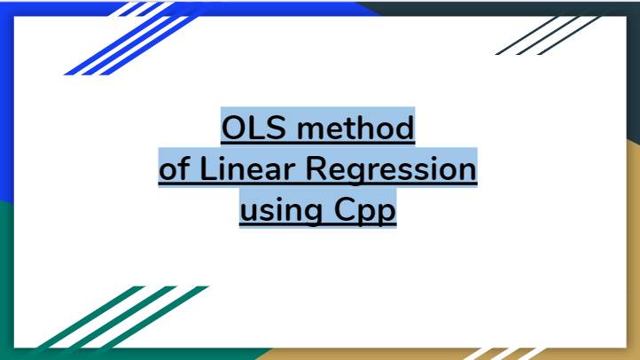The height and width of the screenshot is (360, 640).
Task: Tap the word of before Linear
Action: (x=173, y=168)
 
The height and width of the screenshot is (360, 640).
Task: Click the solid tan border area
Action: (x=631, y=266)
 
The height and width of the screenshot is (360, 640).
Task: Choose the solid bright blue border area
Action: (x=7, y=106)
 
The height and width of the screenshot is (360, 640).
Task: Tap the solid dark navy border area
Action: (x=631, y=71)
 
